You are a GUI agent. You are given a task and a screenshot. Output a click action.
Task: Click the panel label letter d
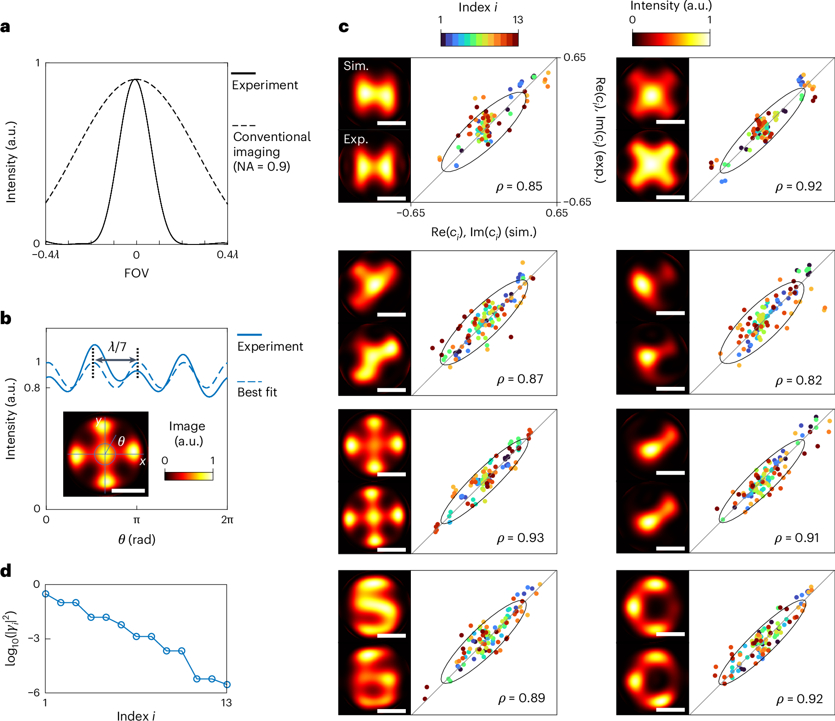tap(6, 571)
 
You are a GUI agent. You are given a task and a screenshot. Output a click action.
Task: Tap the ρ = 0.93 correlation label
tap(520, 538)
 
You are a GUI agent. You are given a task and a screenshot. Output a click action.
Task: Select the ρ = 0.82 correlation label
tap(798, 380)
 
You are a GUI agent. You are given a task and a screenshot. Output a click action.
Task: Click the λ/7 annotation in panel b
tap(117, 347)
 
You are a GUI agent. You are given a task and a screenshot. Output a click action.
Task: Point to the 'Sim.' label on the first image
tap(356, 66)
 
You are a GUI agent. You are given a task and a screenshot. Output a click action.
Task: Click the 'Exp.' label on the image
tap(356, 139)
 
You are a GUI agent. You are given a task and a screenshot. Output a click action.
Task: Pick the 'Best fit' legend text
tap(257, 392)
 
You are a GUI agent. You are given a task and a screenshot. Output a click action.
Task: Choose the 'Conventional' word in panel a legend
tap(272, 137)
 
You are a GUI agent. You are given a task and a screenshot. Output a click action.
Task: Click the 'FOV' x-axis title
tap(136, 273)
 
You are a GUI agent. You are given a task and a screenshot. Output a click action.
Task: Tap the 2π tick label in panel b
tap(227, 520)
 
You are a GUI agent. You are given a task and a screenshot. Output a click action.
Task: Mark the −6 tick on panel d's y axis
tap(34, 692)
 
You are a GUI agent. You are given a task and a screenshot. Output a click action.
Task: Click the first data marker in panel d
tap(46, 594)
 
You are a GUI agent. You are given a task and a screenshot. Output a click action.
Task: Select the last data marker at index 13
tap(227, 684)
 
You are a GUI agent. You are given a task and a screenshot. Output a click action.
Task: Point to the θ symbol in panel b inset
tap(121, 441)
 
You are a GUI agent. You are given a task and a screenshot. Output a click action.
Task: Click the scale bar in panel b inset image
tap(128, 491)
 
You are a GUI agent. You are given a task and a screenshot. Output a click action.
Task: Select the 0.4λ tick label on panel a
tap(227, 255)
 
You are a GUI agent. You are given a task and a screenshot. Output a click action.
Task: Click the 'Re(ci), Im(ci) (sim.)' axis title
tap(484, 233)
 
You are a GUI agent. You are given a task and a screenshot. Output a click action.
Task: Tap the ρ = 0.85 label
tap(519, 187)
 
